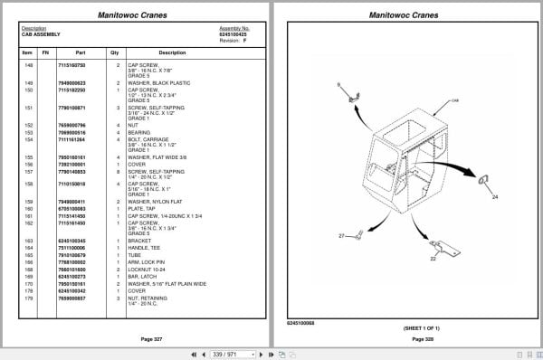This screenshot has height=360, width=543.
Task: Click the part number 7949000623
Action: coord(71,83)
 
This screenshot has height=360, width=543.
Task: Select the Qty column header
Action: coord(115,52)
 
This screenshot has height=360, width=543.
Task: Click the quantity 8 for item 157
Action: coord(118,170)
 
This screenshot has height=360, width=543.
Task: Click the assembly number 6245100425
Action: coord(233,33)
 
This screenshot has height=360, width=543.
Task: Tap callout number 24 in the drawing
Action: coord(495,196)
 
